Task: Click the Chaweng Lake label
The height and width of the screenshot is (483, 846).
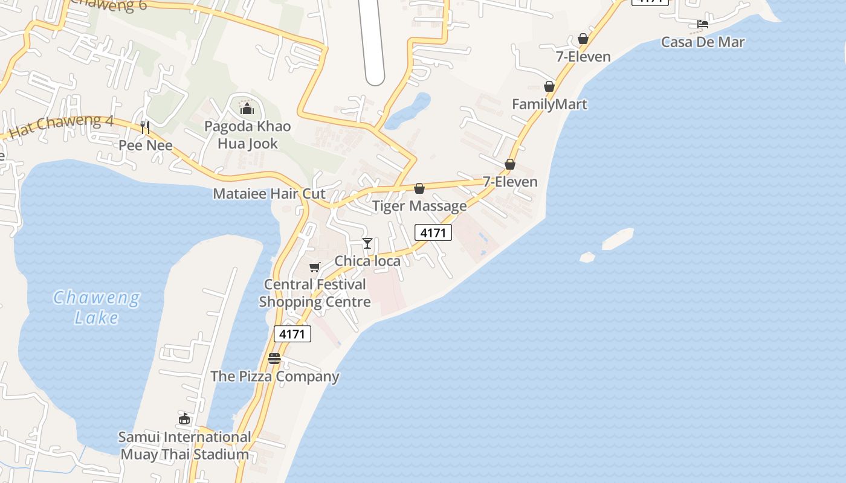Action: (97, 307)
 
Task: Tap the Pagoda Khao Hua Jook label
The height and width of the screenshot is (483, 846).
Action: (247, 135)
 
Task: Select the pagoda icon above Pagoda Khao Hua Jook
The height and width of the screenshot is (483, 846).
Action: (247, 109)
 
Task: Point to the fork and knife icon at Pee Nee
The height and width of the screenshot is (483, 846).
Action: (145, 127)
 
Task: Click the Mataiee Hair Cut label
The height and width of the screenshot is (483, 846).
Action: (269, 194)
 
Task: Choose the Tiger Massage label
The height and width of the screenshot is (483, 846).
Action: (419, 206)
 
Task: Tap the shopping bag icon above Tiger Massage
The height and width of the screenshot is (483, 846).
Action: (419, 188)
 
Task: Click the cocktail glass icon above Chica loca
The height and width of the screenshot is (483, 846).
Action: (367, 243)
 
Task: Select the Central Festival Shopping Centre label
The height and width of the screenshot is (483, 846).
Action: (315, 293)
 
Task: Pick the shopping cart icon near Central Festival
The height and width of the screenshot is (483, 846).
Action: (314, 267)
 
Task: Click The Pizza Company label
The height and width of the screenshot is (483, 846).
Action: (275, 376)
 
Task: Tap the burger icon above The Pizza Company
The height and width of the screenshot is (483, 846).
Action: (274, 359)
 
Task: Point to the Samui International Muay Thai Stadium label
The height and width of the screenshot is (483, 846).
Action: (184, 446)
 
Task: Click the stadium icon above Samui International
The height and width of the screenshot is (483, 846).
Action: (184, 418)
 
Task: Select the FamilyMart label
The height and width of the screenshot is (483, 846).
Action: (549, 104)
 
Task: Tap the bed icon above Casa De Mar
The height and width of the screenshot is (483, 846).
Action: (703, 24)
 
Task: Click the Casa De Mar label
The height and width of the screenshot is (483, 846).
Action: (703, 42)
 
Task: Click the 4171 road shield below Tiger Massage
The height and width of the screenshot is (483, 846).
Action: (433, 232)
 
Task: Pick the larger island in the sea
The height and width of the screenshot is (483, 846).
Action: (618, 238)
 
